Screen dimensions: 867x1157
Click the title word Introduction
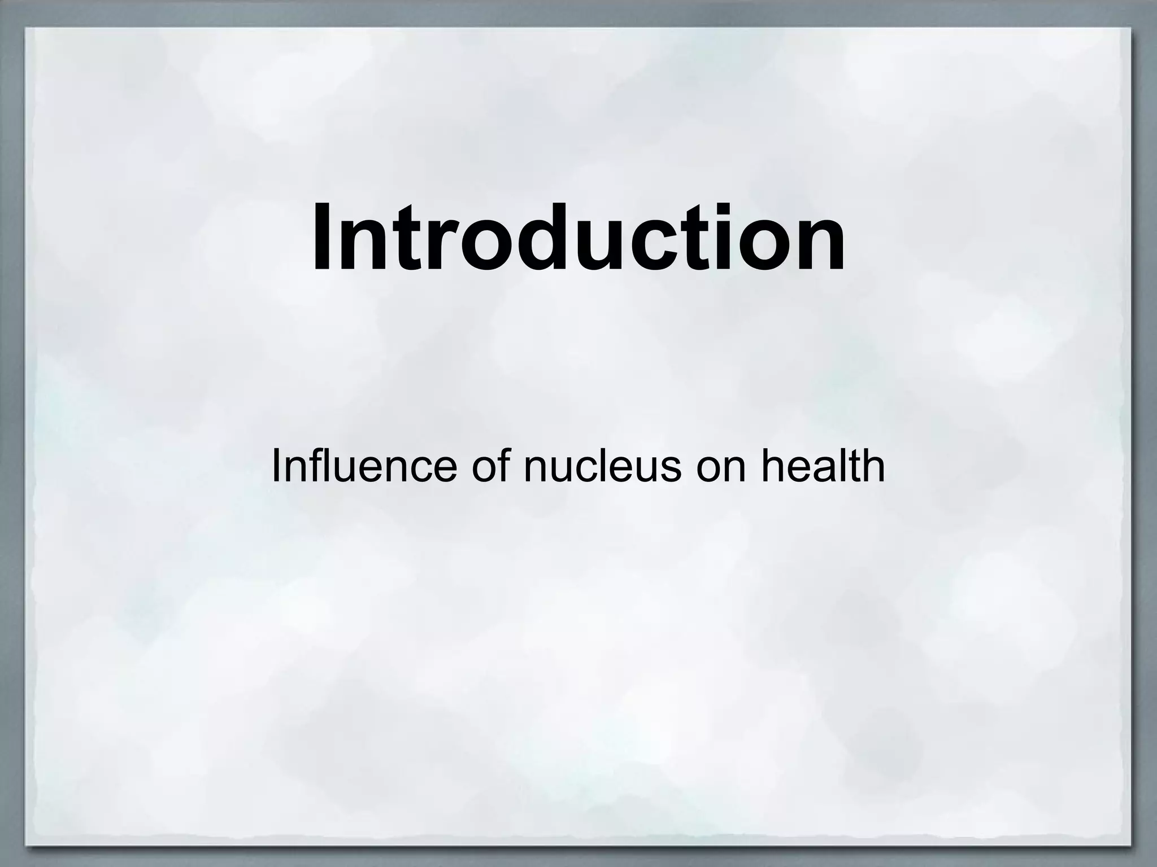[x=578, y=237]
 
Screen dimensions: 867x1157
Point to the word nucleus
[x=602, y=468]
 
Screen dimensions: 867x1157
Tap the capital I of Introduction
[x=322, y=237]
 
